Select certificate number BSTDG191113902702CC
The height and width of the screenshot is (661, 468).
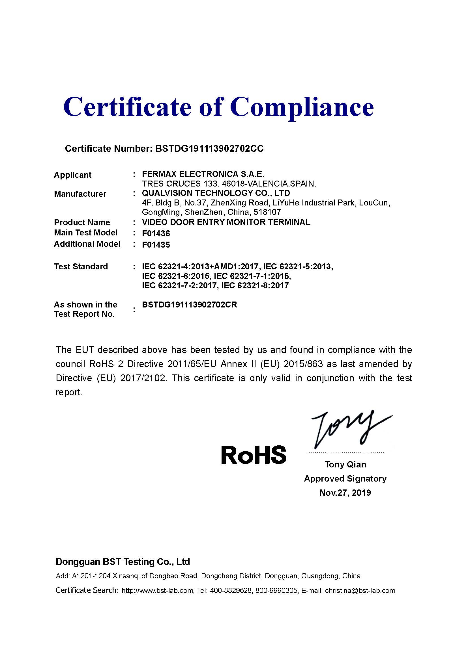coord(209,149)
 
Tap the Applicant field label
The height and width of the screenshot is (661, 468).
coord(73,175)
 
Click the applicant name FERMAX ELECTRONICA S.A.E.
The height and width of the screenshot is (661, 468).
coord(203,174)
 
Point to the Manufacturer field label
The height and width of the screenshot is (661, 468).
coord(80,194)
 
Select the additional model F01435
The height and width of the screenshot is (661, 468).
coord(156,245)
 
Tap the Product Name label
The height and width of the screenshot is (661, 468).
coord(82,222)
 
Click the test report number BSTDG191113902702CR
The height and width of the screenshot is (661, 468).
coord(189,305)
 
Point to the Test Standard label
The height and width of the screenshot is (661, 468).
coord(81,266)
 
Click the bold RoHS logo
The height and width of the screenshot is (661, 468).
coord(254,455)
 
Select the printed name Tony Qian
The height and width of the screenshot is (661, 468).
coord(345,464)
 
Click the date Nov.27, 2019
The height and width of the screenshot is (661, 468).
coord(345,493)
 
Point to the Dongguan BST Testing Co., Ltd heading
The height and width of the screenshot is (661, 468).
coord(123,562)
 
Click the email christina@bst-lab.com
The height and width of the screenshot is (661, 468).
coord(360,591)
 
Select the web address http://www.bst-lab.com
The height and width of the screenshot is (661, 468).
coord(157,591)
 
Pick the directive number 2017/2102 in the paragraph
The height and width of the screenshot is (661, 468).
coord(143,378)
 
